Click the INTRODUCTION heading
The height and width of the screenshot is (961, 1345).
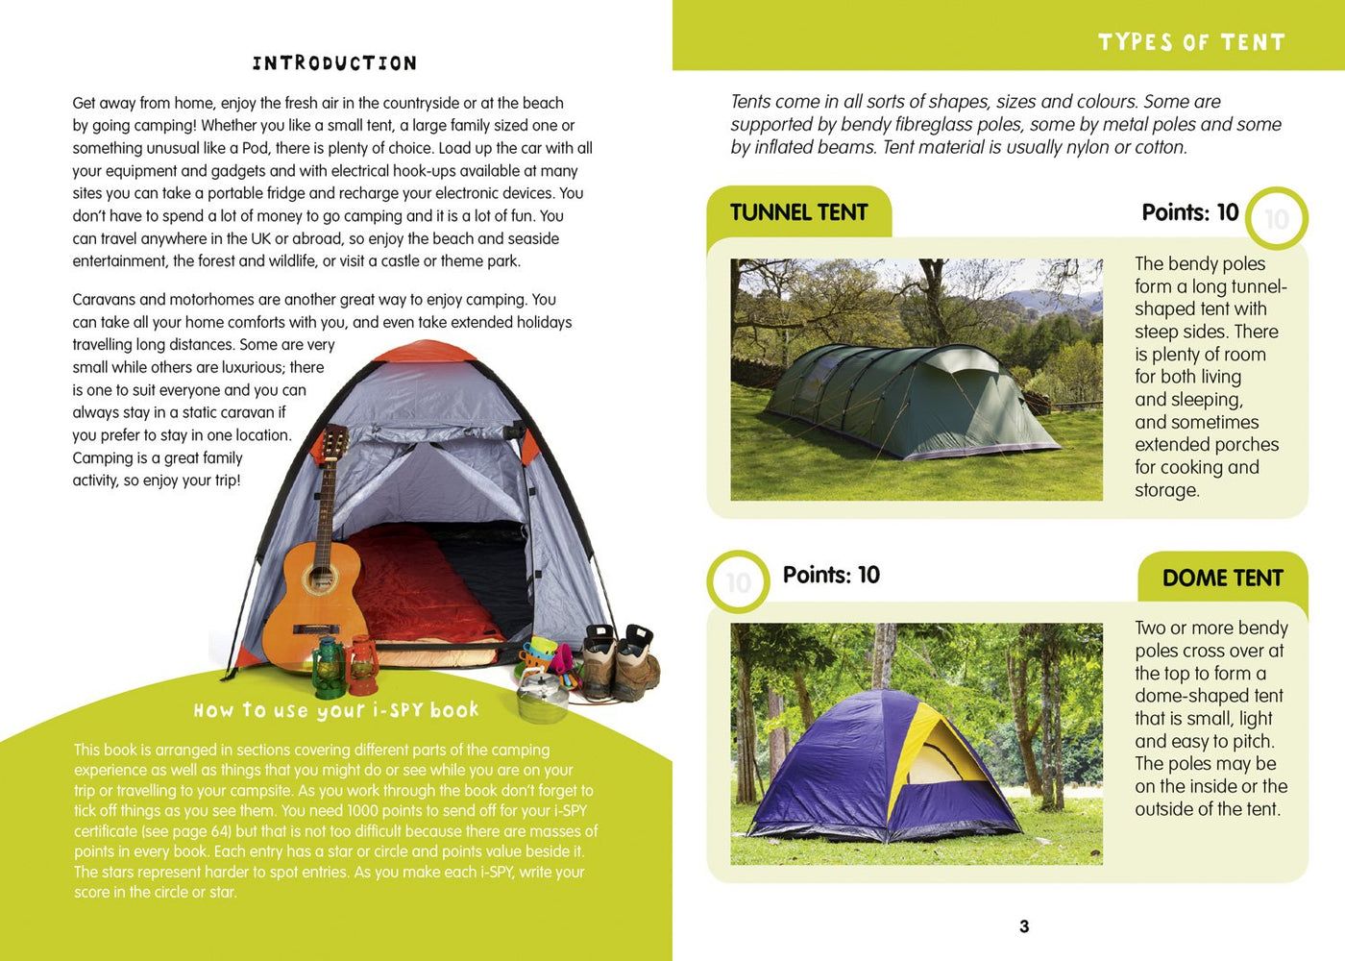click(334, 63)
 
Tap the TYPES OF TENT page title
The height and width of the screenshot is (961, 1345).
click(1191, 42)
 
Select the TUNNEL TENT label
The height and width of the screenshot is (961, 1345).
click(798, 212)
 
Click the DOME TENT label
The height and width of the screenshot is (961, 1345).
click(1222, 578)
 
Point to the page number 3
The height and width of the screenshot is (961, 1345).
click(1024, 926)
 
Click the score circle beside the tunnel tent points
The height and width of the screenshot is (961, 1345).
click(1276, 219)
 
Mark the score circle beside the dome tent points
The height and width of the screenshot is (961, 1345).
click(738, 581)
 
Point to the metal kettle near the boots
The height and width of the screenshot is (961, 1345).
click(543, 694)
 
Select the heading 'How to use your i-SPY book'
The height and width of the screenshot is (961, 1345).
click(335, 710)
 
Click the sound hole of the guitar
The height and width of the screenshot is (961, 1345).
click(318, 580)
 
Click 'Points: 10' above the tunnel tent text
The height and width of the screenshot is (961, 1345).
click(1189, 212)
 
